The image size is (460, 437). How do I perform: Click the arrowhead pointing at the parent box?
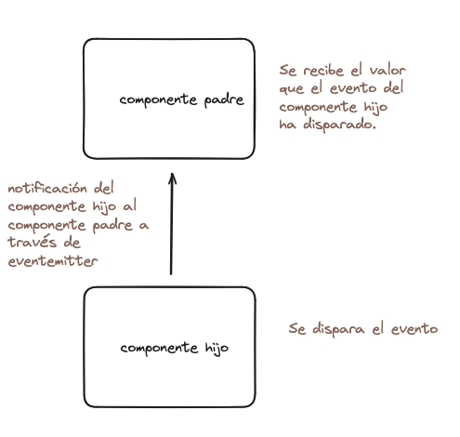(x=172, y=179)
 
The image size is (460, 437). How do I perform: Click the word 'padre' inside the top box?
(x=224, y=100)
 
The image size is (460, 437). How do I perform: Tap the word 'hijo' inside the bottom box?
(x=217, y=349)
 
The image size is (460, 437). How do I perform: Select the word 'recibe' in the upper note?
(x=323, y=71)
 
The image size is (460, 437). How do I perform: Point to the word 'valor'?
(x=388, y=71)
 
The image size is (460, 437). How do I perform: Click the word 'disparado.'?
(x=339, y=125)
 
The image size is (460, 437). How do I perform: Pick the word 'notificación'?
(x=47, y=188)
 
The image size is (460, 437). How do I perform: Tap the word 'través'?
(x=33, y=242)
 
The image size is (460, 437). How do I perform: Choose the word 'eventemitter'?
(x=53, y=261)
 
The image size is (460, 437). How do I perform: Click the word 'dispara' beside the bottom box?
(x=338, y=329)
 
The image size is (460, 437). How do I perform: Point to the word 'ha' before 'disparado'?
(x=287, y=125)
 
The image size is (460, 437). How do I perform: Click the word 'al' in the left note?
(x=129, y=205)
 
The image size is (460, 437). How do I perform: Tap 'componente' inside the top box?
(x=158, y=100)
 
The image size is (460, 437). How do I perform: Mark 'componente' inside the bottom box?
(x=159, y=349)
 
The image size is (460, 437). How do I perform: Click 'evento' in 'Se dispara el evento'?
(x=414, y=329)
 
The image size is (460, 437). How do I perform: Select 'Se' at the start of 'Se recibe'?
(x=288, y=71)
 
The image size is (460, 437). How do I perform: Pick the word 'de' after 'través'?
(x=72, y=242)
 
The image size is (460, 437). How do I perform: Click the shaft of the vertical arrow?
(x=171, y=224)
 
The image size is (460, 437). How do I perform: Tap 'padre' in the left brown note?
(x=112, y=226)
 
